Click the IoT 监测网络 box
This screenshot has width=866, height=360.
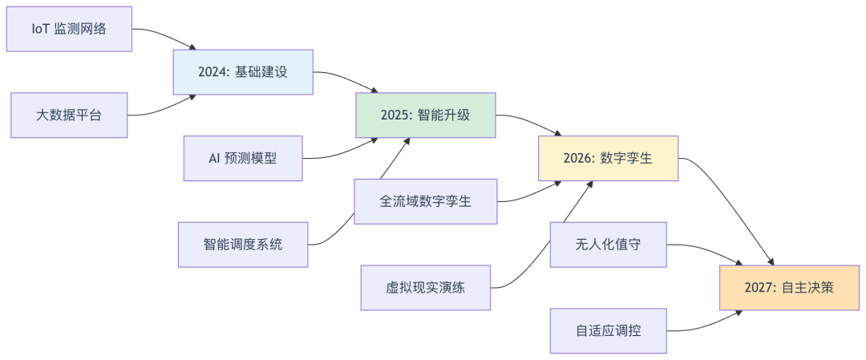(x=69, y=29)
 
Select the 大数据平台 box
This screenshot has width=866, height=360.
(x=69, y=115)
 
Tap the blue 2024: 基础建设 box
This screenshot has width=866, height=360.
(x=243, y=72)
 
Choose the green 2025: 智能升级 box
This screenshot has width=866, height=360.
(x=425, y=115)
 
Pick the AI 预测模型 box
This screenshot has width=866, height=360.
(x=243, y=159)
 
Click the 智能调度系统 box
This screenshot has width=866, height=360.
(x=243, y=245)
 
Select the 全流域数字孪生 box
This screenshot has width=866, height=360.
(x=425, y=201)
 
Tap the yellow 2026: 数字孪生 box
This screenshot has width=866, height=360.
(x=608, y=159)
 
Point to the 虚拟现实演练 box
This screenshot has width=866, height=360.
(x=425, y=288)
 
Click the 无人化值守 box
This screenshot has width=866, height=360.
(x=608, y=245)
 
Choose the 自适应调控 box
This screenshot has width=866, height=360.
(x=608, y=331)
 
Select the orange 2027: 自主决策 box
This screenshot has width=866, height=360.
(x=789, y=288)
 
